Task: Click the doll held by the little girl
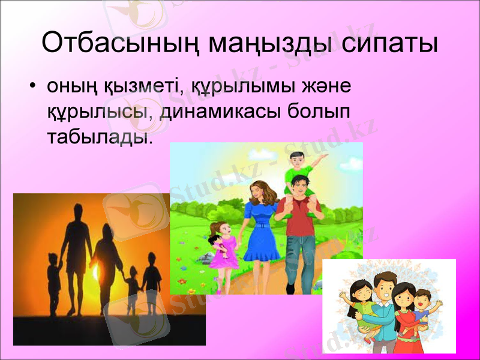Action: click(216, 246)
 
